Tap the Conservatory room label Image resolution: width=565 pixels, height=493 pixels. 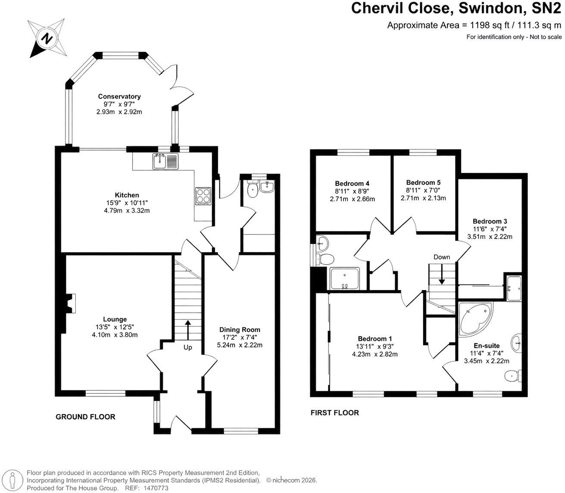coord(119,97)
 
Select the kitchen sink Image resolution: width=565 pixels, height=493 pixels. coord(165,161)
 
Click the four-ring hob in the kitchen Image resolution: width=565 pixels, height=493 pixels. coord(203,196)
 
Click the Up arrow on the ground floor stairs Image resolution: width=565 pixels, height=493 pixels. coord(188,330)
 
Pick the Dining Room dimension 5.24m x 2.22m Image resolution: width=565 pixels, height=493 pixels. coord(240,345)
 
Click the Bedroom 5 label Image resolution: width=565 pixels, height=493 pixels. coord(423,182)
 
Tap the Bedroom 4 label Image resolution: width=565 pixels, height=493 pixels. coord(352,183)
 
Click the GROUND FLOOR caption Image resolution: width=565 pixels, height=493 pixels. coord(85,417)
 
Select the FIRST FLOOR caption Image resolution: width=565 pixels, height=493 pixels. coord(335,413)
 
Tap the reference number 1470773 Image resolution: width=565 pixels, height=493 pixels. coord(156,488)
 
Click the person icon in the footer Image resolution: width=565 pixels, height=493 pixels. coord(12,480)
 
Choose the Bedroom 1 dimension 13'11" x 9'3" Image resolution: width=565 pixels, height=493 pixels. coord(375,346)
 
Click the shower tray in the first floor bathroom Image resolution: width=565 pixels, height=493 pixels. coord(345,278)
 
